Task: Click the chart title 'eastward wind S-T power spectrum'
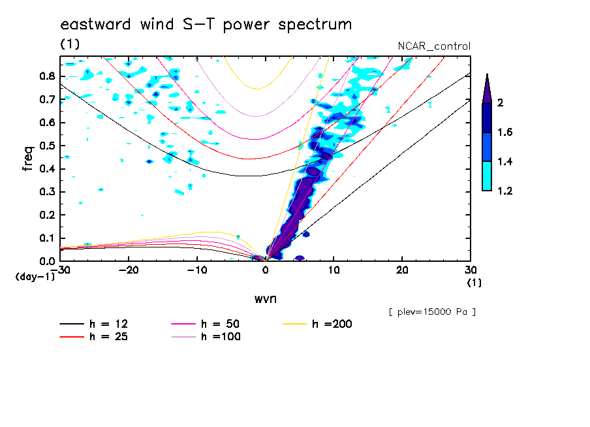pos(206,25)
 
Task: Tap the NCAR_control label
pos(434,46)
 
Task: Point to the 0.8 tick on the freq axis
pos(46,76)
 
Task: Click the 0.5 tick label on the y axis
pos(46,146)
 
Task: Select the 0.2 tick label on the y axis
pos(46,215)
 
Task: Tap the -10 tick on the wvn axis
pos(196,270)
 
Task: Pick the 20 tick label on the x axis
pos(402,270)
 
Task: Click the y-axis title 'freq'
pos(28,159)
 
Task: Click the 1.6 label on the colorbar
pos(505,133)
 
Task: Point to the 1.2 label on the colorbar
pos(505,191)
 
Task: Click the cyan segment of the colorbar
pos(487,176)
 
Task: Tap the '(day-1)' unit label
pos(35,277)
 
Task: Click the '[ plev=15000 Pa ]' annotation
pos(432,312)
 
